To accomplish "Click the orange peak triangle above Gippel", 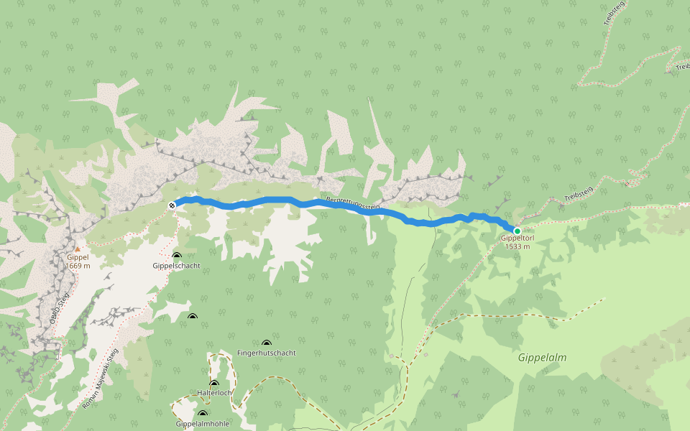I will (78, 249).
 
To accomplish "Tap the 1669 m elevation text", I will (78, 266).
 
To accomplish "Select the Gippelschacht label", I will (176, 266).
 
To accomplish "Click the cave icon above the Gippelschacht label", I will (177, 256).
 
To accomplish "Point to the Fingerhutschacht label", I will (266, 353).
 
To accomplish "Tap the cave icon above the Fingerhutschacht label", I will (267, 343).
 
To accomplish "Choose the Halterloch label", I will (214, 393).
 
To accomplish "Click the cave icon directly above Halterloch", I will (214, 384).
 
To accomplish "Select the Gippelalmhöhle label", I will (202, 424).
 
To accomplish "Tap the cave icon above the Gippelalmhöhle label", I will (203, 414).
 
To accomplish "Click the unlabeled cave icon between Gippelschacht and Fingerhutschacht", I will (192, 317).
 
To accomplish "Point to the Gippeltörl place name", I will (517, 238).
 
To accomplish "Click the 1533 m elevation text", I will (517, 247).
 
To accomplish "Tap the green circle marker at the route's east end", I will (517, 231).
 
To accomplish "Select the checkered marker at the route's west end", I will (172, 206).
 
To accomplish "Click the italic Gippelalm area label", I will (542, 356).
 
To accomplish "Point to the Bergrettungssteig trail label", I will (352, 203).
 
